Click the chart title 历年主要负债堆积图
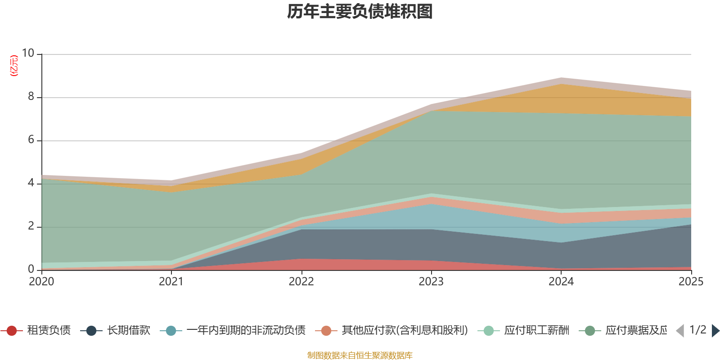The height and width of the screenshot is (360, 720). tap(360, 12)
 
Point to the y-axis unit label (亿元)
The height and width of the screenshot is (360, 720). tap(14, 66)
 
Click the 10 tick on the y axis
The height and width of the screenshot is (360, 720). tap(28, 53)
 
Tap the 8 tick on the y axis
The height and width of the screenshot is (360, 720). tap(31, 96)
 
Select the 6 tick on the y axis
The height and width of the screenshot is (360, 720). tap(31, 139)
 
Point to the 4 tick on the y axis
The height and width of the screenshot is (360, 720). tap(31, 183)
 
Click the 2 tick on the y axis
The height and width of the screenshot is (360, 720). tap(31, 226)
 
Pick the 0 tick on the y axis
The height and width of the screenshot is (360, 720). tap(31, 269)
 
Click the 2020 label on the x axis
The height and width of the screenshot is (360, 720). tap(41, 282)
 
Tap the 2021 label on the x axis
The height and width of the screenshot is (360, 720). tap(171, 282)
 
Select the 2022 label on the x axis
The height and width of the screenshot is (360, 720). tap(301, 282)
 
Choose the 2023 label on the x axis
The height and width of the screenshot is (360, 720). tap(431, 282)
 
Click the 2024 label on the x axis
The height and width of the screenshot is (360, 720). tap(561, 282)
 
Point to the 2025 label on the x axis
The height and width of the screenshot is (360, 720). tap(690, 282)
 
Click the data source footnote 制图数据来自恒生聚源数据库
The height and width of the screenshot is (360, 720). tap(360, 355)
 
